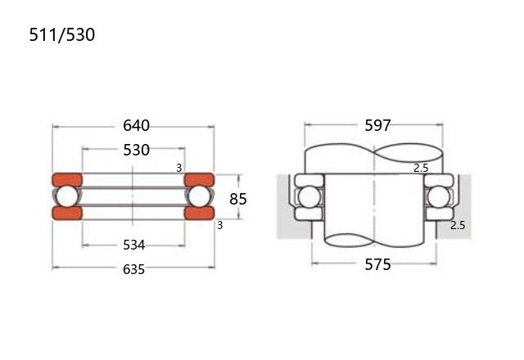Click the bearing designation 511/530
click(62, 34)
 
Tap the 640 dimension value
click(136, 125)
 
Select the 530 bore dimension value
click(136, 151)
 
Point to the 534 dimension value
click(133, 245)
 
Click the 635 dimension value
click(133, 269)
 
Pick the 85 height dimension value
click(238, 199)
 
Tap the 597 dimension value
click(377, 125)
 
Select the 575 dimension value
click(377, 264)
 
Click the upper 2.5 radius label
click(421, 168)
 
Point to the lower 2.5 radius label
click(458, 225)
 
